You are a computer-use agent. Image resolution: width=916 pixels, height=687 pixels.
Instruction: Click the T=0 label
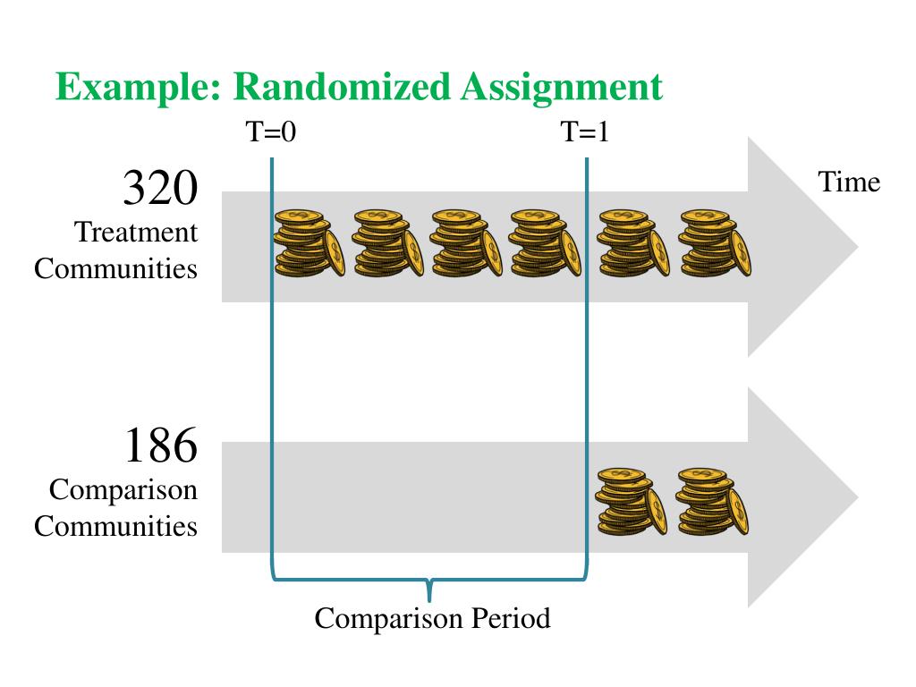271,132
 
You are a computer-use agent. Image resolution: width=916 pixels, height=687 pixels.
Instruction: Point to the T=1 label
586,132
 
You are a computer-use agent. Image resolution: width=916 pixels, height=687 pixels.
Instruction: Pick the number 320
159,189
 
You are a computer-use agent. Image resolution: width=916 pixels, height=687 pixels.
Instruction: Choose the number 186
159,445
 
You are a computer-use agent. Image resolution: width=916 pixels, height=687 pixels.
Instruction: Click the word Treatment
136,233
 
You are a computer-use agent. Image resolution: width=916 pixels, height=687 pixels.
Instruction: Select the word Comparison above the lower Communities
123,490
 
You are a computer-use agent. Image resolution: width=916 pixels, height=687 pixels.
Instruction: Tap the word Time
849,182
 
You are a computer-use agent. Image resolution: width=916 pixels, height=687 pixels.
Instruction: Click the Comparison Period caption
432,618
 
